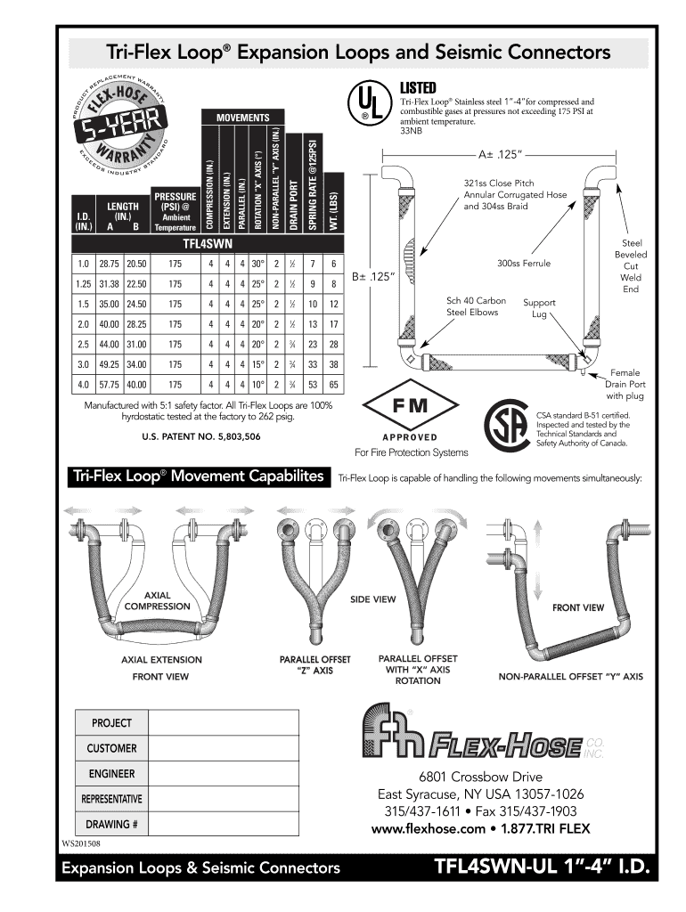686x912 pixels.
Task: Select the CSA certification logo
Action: pos(504,427)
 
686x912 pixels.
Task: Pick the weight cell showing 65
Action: pos(333,385)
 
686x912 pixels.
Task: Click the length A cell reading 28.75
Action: pos(110,264)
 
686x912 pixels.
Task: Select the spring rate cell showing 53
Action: pos(313,385)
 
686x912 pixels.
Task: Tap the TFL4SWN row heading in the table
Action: pos(207,242)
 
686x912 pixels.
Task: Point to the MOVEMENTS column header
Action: pos(242,118)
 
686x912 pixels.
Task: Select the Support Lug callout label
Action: pos(539,308)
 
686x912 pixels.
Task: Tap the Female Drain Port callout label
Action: pos(626,384)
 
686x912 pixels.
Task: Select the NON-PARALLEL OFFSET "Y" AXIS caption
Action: pos(570,677)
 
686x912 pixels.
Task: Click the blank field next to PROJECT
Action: pos(223,723)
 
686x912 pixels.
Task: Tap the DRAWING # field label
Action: pos(111,823)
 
